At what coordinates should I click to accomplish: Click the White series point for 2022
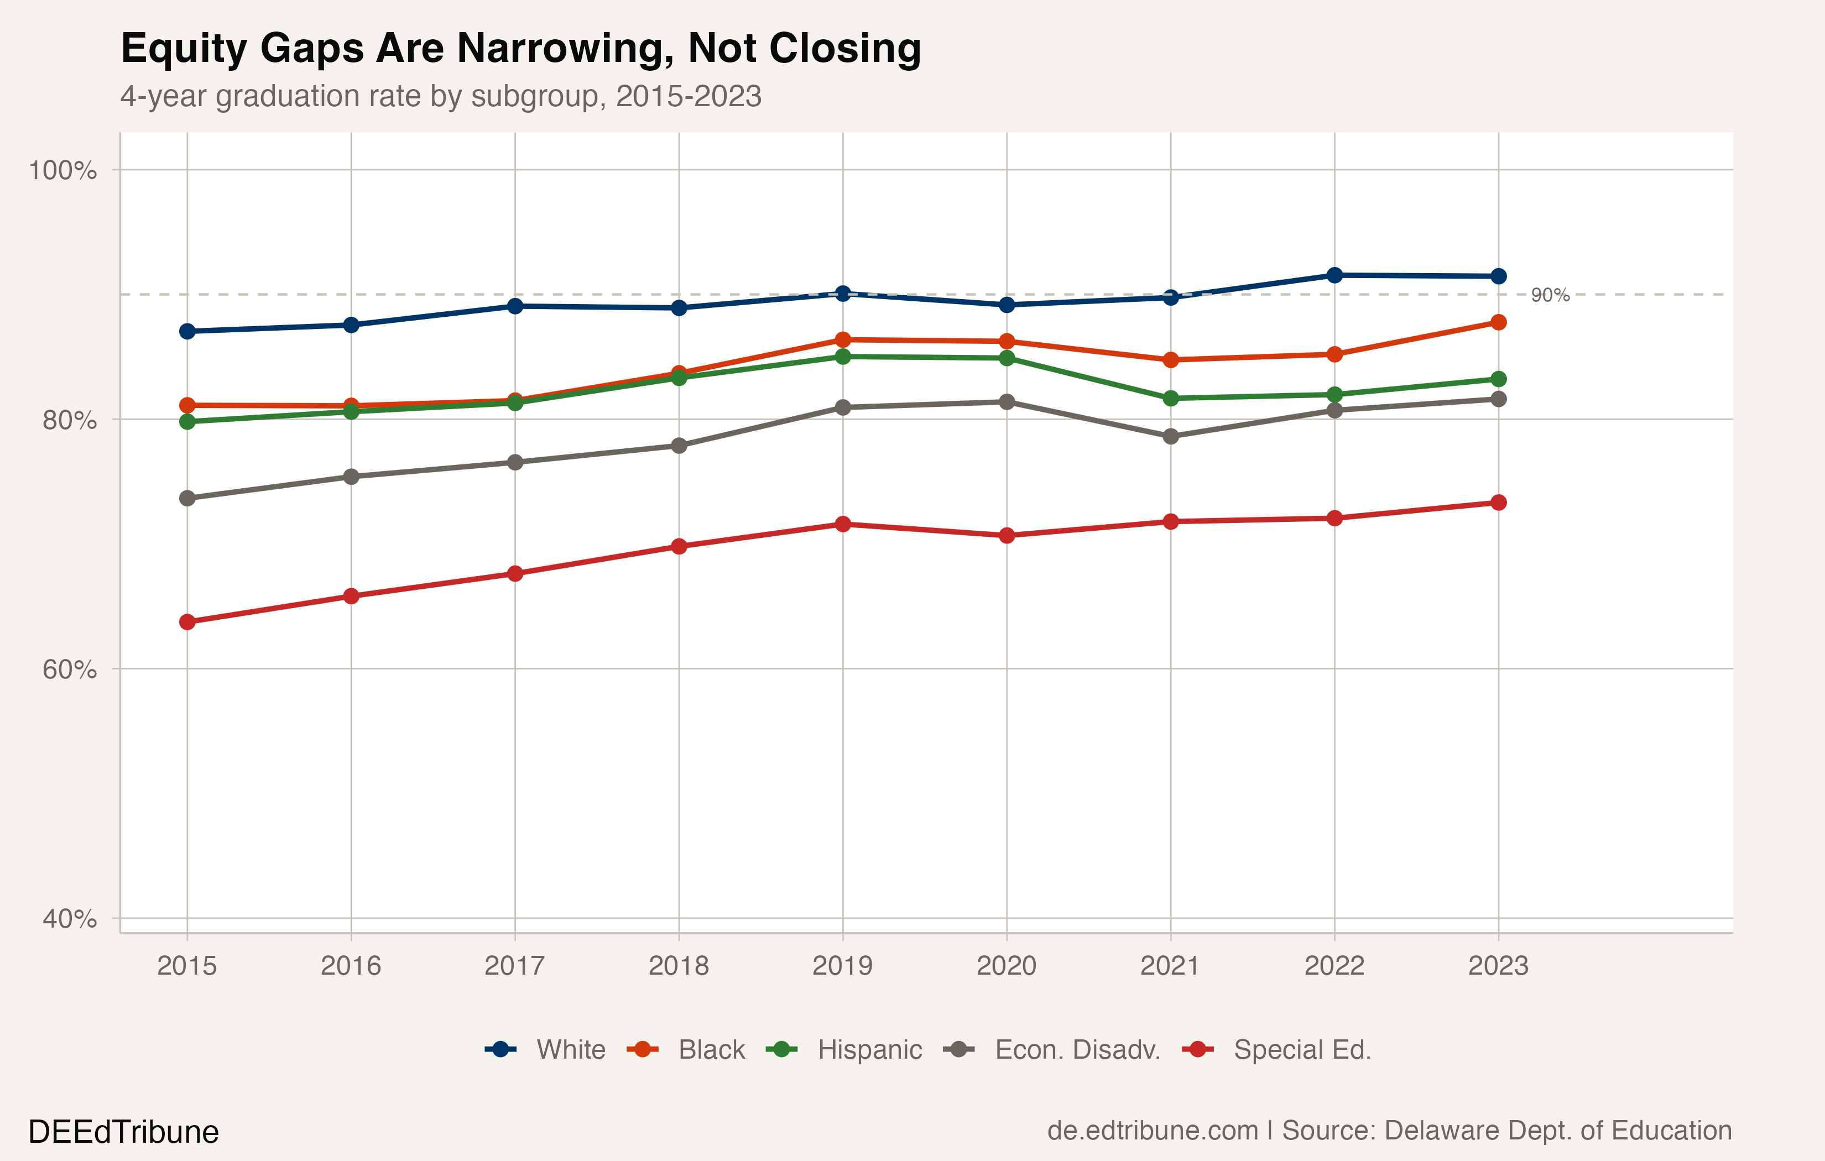(1334, 275)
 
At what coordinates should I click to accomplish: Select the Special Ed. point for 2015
(187, 622)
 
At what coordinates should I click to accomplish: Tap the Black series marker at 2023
(1498, 323)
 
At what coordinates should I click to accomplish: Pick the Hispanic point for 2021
(1171, 399)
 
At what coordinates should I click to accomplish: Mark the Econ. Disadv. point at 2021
(1171, 437)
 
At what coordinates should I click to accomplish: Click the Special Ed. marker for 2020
(1007, 536)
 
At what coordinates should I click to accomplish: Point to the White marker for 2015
(187, 331)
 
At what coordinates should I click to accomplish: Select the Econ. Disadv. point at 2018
(679, 446)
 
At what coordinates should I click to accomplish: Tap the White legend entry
(546, 1049)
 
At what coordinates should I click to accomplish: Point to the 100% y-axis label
(62, 170)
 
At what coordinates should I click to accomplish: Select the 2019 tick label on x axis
(842, 966)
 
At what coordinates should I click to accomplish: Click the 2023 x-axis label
(1498, 966)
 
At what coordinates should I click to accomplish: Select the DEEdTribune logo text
(123, 1132)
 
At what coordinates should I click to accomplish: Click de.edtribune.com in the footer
(1152, 1131)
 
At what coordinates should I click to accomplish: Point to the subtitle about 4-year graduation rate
(440, 97)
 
